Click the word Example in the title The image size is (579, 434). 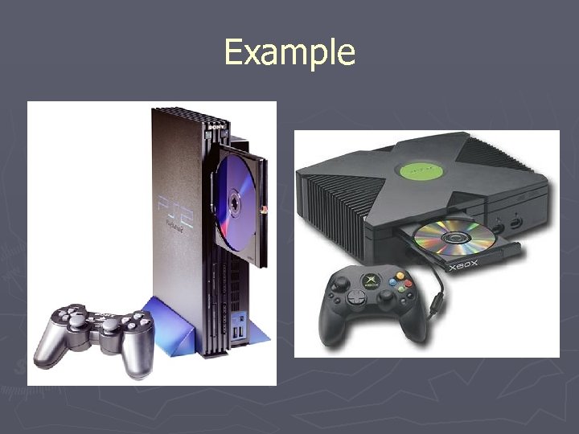tap(289, 52)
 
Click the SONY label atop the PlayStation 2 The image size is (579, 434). tap(216, 126)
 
